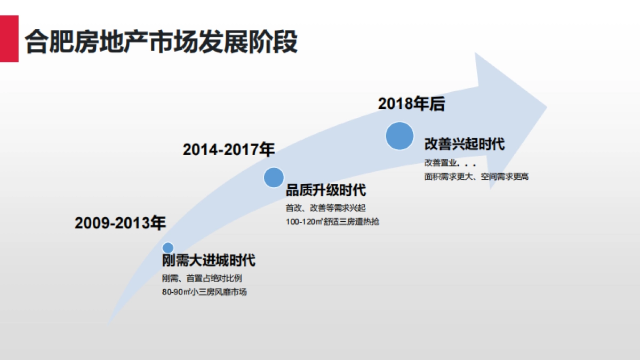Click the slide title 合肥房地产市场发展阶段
point(161,41)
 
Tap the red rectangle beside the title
point(9,38)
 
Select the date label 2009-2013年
point(121,223)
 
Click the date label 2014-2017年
point(229,150)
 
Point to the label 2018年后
point(411,104)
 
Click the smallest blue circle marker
point(168,247)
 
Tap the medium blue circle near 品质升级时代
point(274,178)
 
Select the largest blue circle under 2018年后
point(399,135)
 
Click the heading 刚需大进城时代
point(209,261)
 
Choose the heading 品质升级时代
point(326,190)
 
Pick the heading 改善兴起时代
point(465,144)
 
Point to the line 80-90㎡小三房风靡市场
point(205,292)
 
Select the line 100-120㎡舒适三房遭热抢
point(332,221)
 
